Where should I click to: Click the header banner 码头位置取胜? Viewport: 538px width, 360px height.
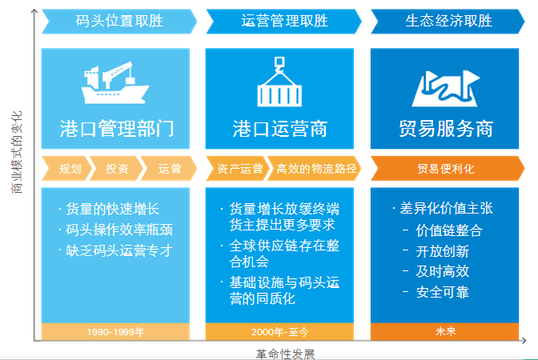point(119,22)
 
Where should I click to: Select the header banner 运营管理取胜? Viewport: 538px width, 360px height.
point(283,22)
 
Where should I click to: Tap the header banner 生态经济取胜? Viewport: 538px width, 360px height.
point(448,22)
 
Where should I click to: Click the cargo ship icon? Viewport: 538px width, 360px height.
point(115,82)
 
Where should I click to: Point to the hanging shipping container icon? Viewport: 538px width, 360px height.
point(279,82)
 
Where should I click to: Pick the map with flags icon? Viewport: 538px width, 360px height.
point(445,89)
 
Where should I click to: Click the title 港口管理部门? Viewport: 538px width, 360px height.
point(117,129)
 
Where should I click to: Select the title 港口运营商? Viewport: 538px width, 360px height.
point(280,129)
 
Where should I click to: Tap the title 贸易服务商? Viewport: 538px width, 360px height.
point(446,129)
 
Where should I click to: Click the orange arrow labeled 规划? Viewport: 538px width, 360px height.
point(67,168)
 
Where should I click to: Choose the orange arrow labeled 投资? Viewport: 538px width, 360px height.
point(116,168)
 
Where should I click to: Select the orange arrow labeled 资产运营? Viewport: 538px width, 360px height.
point(238,168)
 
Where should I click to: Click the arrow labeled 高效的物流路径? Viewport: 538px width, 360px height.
point(315,168)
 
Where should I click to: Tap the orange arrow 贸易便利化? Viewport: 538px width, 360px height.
point(448,168)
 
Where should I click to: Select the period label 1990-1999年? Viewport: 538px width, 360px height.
point(115,331)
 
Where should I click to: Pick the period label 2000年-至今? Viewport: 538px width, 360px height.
point(279,331)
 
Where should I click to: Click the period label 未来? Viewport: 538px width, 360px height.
point(444,331)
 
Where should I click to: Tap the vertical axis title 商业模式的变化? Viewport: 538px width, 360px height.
point(17,152)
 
